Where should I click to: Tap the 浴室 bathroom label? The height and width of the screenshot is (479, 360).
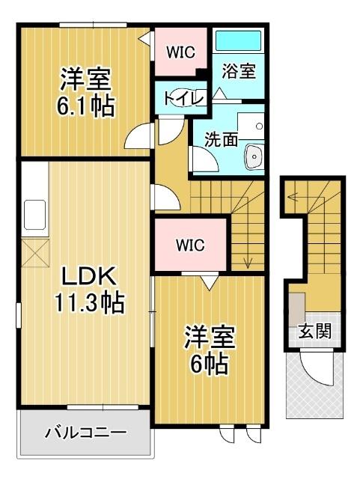click(x=239, y=71)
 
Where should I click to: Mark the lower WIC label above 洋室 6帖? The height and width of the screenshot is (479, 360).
click(x=189, y=244)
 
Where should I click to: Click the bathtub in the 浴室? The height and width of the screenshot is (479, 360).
click(x=237, y=42)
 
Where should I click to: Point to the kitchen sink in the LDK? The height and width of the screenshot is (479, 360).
click(x=34, y=214)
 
